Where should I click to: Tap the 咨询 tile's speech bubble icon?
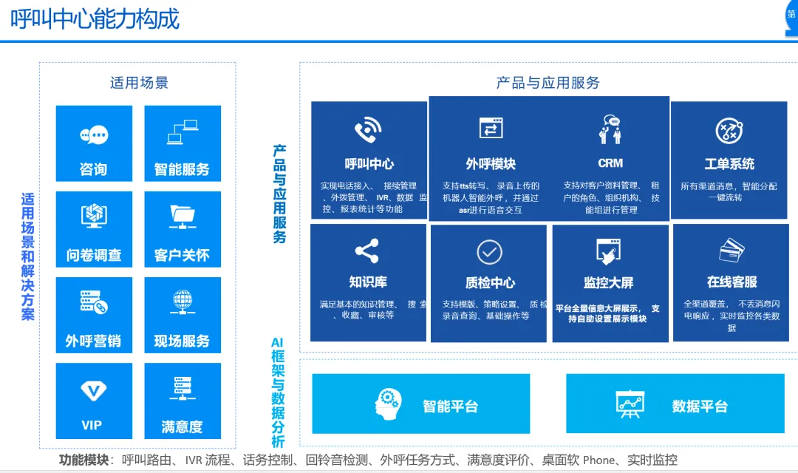pyautogui.click(x=94, y=135)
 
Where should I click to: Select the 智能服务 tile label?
pyautogui.click(x=182, y=169)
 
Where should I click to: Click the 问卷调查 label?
pyautogui.click(x=94, y=255)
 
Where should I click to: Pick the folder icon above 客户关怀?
pyautogui.click(x=183, y=215)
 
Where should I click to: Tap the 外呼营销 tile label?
pyautogui.click(x=94, y=341)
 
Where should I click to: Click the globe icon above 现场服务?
pyautogui.click(x=183, y=301)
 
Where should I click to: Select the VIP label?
pyautogui.click(x=92, y=425)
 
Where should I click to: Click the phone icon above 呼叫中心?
pyautogui.click(x=368, y=131)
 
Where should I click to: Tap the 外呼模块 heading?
pyautogui.click(x=491, y=164)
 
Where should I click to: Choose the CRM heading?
pyautogui.click(x=610, y=163)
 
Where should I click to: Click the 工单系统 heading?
pyautogui.click(x=729, y=164)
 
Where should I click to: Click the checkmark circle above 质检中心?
pyautogui.click(x=489, y=251)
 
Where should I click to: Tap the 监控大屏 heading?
pyautogui.click(x=608, y=282)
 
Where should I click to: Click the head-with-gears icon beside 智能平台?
pyautogui.click(x=389, y=404)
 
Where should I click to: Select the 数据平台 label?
pyautogui.click(x=700, y=406)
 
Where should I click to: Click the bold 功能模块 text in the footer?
pyautogui.click(x=84, y=460)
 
